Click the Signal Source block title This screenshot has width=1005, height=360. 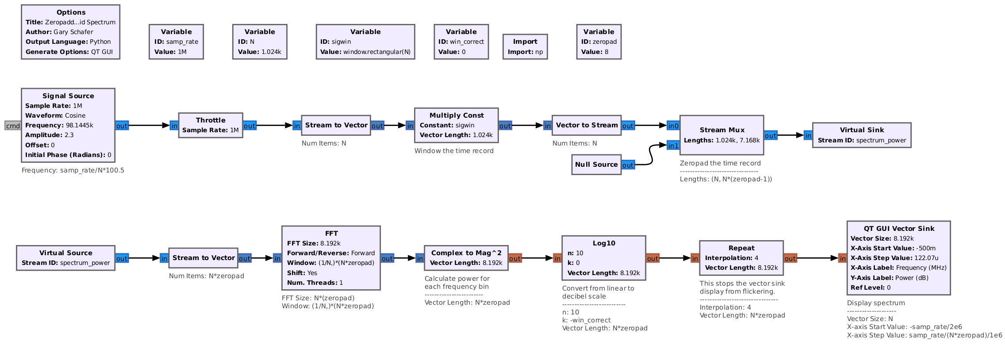[x=68, y=96]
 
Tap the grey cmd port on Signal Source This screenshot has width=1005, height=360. [x=13, y=126]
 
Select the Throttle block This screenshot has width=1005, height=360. [x=211, y=125]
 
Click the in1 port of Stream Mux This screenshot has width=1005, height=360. [x=673, y=146]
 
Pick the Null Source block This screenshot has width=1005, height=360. [x=596, y=165]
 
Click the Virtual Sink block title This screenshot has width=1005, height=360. [x=862, y=130]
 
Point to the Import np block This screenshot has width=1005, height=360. [x=525, y=46]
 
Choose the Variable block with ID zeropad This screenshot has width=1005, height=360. [x=598, y=42]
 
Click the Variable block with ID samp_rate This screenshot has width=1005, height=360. [x=176, y=42]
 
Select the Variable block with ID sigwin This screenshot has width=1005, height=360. [x=365, y=42]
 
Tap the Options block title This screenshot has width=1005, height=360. [x=71, y=12]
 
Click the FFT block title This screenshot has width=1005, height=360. [x=331, y=234]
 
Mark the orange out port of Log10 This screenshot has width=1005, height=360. [x=652, y=258]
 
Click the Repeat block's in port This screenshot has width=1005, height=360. [x=695, y=258]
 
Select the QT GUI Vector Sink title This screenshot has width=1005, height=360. [x=899, y=229]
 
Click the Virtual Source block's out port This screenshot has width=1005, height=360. [x=122, y=258]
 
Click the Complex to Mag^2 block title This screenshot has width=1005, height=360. [x=466, y=253]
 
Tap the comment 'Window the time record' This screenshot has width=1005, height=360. [x=454, y=151]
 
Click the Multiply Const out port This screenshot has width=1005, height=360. [x=505, y=126]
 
